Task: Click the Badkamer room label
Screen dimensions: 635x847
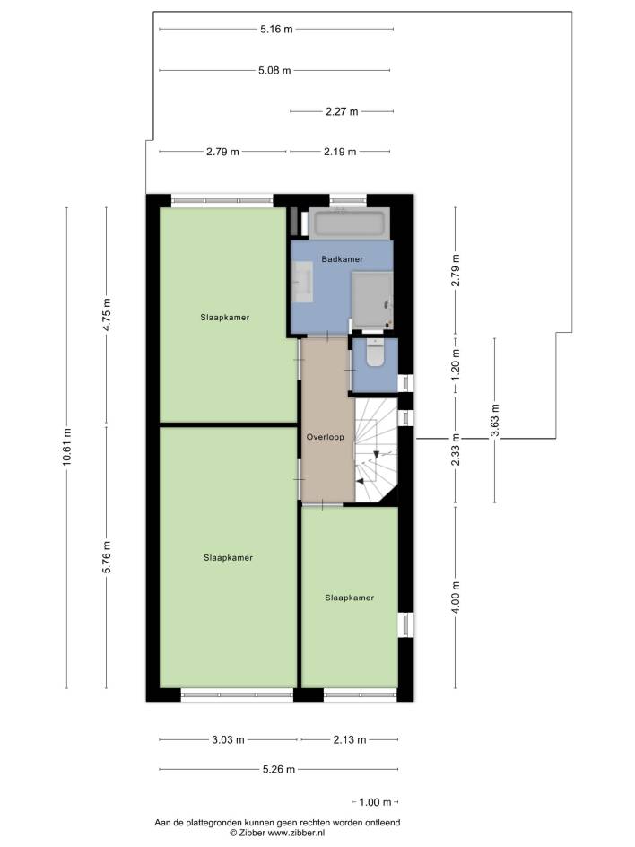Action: click(x=343, y=259)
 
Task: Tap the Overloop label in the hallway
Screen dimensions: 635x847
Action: click(x=325, y=437)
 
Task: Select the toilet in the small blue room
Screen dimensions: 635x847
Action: click(x=374, y=353)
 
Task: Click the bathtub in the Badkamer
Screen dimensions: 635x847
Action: click(x=350, y=223)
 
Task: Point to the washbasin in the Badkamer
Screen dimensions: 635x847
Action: click(x=302, y=282)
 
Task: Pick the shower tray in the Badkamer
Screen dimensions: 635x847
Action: click(x=372, y=301)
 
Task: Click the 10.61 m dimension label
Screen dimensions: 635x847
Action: click(x=66, y=447)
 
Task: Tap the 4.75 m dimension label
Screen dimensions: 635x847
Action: click(x=107, y=316)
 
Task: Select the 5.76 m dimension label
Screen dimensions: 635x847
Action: click(x=107, y=557)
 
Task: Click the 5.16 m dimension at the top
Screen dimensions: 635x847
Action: click(x=276, y=30)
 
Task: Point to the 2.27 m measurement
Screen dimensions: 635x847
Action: click(x=342, y=112)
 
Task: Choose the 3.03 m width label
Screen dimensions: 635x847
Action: click(x=228, y=739)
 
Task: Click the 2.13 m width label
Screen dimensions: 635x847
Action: click(x=350, y=739)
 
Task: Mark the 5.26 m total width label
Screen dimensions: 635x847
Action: click(x=279, y=769)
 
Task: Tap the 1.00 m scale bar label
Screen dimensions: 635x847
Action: click(x=375, y=802)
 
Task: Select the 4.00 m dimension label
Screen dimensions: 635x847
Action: click(x=456, y=598)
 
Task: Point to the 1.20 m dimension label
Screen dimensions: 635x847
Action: click(x=456, y=364)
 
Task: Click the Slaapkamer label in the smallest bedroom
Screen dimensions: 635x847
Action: click(x=350, y=598)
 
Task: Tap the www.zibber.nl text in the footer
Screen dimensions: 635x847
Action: click(x=296, y=833)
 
